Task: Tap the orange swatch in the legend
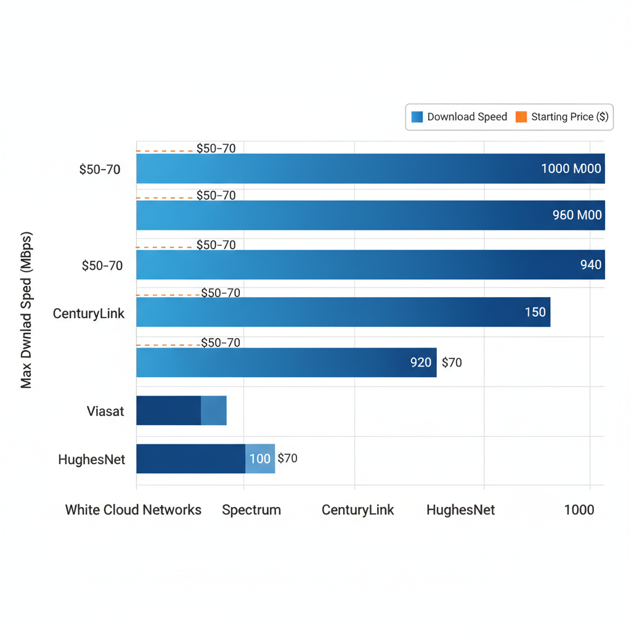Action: point(521,116)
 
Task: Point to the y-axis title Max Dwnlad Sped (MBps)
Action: point(26,310)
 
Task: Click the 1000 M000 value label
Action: point(571,168)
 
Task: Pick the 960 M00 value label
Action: point(577,216)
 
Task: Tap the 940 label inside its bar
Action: point(591,265)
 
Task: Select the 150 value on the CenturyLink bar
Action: point(535,312)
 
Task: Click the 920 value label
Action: point(421,362)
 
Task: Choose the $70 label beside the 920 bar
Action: point(452,362)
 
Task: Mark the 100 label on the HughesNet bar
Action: point(260,458)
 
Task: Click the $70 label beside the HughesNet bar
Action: point(288,458)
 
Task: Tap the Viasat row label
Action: point(105,411)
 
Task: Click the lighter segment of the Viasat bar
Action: point(214,410)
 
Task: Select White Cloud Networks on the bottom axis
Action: point(133,510)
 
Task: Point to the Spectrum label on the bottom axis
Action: point(251,510)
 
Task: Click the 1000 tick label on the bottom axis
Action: point(579,510)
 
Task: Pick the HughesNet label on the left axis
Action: point(92,459)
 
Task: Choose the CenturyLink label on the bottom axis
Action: point(358,510)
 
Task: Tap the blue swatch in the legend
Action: point(417,116)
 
